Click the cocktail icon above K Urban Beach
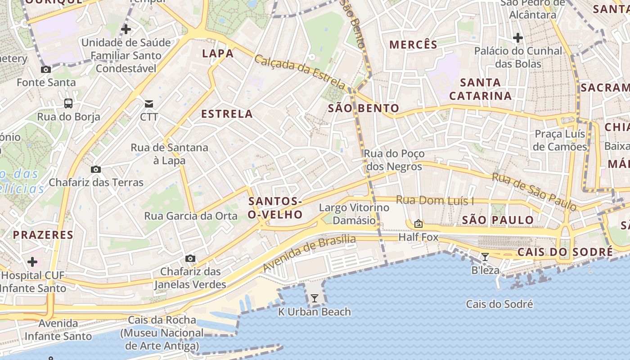(314, 298)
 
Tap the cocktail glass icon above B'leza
(485, 257)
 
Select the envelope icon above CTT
(149, 104)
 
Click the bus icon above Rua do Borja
(68, 103)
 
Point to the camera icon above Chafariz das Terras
(95, 170)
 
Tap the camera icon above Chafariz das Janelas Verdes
(190, 259)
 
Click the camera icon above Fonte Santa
(45, 69)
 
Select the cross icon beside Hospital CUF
(32, 261)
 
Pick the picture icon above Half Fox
(418, 224)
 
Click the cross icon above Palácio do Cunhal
(518, 38)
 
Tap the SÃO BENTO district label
(364, 108)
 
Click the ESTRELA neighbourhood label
(227, 114)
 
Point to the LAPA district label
(218, 54)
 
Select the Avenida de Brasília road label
(309, 253)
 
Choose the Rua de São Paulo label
(534, 192)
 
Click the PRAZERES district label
(43, 234)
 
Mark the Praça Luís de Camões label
(560, 140)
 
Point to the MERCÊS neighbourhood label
(413, 45)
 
